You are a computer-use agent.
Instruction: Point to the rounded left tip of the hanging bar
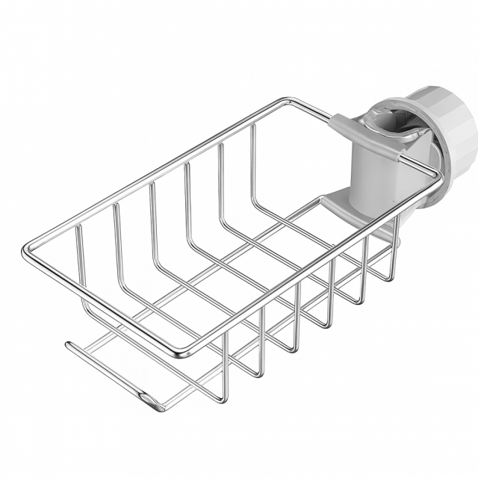[x=69, y=344]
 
